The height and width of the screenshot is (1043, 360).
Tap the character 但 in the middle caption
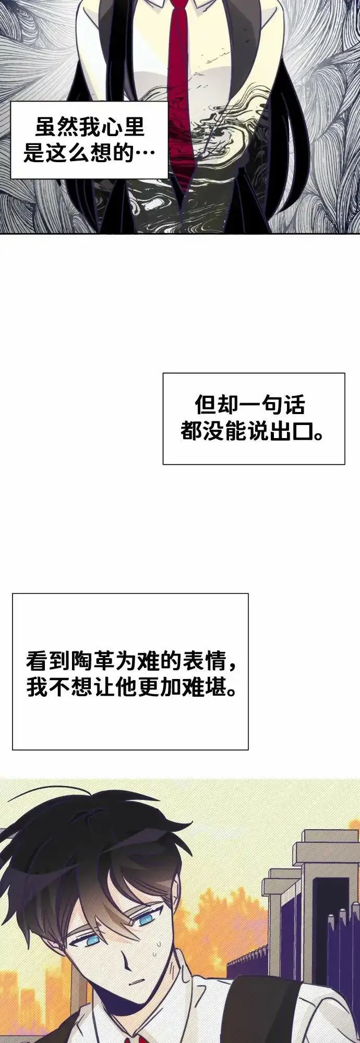click(x=206, y=405)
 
